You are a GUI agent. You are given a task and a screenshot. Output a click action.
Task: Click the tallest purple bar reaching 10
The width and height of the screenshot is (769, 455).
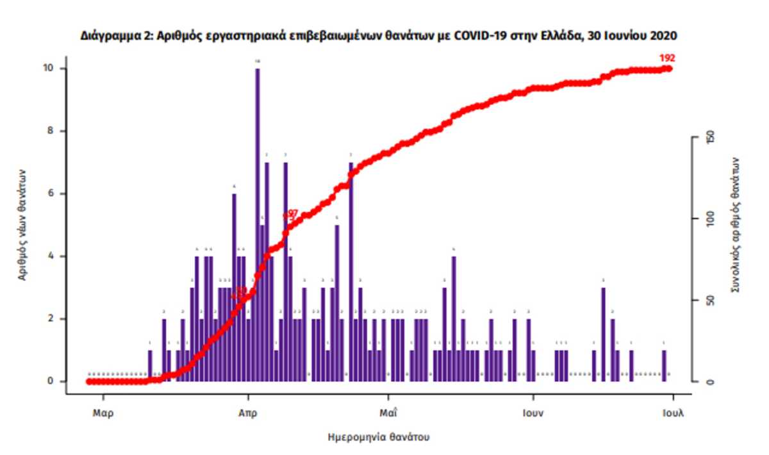click(x=258, y=224)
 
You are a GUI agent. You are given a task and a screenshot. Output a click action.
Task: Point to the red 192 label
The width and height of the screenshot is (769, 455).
click(x=667, y=58)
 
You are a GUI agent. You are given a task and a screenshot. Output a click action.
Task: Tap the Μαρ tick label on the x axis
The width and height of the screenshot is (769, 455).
click(x=103, y=413)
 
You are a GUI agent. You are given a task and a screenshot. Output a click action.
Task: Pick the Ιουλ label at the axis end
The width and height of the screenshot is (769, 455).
click(x=673, y=413)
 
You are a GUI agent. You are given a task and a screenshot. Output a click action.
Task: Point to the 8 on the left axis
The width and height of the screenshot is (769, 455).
click(x=56, y=131)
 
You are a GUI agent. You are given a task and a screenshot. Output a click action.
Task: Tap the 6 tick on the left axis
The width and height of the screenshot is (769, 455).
click(x=56, y=194)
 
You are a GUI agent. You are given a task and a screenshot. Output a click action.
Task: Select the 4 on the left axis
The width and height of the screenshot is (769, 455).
click(x=56, y=256)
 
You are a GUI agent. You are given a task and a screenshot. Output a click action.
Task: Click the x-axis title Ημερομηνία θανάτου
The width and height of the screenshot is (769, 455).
click(x=378, y=438)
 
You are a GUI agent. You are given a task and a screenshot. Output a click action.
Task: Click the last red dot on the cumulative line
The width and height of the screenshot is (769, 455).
click(x=669, y=68)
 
